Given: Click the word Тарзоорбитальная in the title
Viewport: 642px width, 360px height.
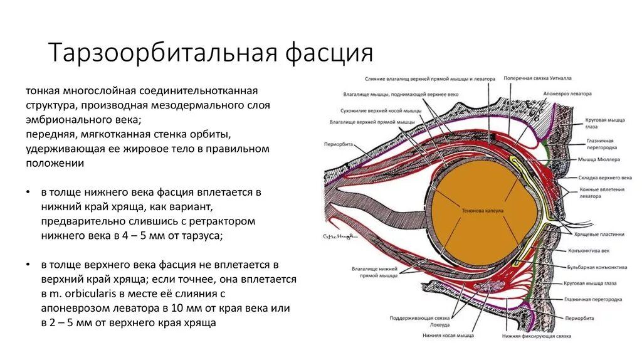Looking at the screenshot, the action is (x=163, y=53).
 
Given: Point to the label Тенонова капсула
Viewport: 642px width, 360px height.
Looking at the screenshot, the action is (x=482, y=211).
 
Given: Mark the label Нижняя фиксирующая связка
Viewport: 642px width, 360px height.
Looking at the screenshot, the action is (x=536, y=336).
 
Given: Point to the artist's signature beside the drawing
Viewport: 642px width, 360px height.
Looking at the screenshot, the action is (x=339, y=236).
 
